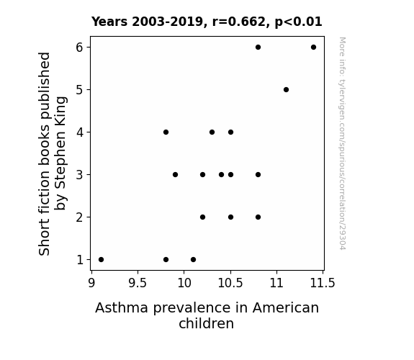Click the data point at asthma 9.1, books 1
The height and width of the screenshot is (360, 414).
101,260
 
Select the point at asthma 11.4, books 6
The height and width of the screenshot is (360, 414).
313,48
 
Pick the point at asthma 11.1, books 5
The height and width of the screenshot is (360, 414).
286,90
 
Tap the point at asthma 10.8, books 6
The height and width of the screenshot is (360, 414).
258,48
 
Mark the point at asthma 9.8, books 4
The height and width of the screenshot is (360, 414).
166,132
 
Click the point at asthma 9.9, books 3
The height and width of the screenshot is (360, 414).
175,174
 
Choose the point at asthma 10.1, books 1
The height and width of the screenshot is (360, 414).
193,260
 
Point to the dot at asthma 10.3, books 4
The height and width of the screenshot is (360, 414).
212,132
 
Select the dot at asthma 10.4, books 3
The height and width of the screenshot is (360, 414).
221,174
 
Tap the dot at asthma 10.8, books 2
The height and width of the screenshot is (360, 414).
258,217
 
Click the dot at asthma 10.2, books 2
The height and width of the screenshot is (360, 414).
202,217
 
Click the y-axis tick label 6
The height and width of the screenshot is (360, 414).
79,48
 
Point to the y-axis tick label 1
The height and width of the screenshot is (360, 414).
80,260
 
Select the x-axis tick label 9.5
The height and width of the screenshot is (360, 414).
138,284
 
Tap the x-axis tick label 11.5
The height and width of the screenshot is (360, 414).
323,284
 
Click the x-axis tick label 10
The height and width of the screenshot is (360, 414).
184,284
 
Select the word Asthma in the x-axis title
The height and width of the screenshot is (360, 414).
122,308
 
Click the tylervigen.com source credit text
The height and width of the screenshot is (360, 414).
342,143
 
